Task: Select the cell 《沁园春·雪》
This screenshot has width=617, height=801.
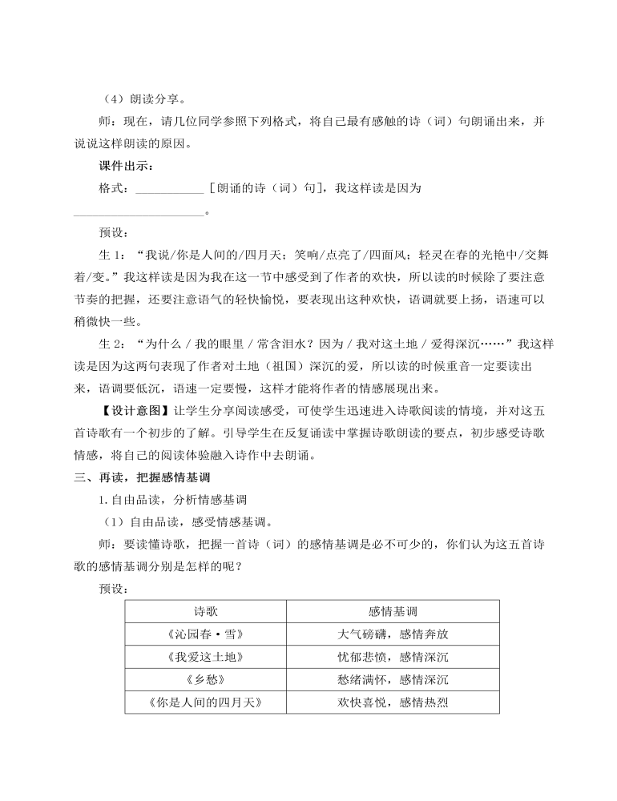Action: click(206, 634)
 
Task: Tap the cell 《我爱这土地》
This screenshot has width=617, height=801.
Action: click(206, 658)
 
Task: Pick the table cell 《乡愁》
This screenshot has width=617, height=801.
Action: click(206, 681)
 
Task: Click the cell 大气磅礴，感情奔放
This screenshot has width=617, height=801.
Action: click(393, 634)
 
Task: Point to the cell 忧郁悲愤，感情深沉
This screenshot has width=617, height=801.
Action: click(393, 658)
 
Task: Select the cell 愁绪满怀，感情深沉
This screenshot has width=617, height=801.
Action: click(393, 681)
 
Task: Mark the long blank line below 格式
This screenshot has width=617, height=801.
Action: click(139, 213)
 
